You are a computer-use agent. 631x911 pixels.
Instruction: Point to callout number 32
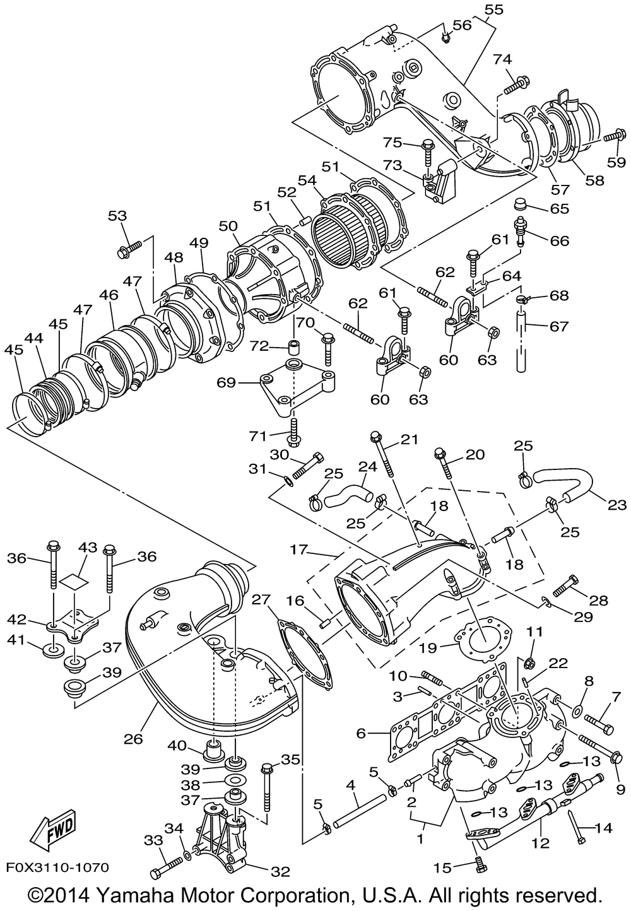[280, 871]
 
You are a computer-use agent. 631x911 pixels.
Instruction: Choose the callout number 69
[226, 382]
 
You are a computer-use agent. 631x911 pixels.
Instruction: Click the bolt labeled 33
[167, 865]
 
